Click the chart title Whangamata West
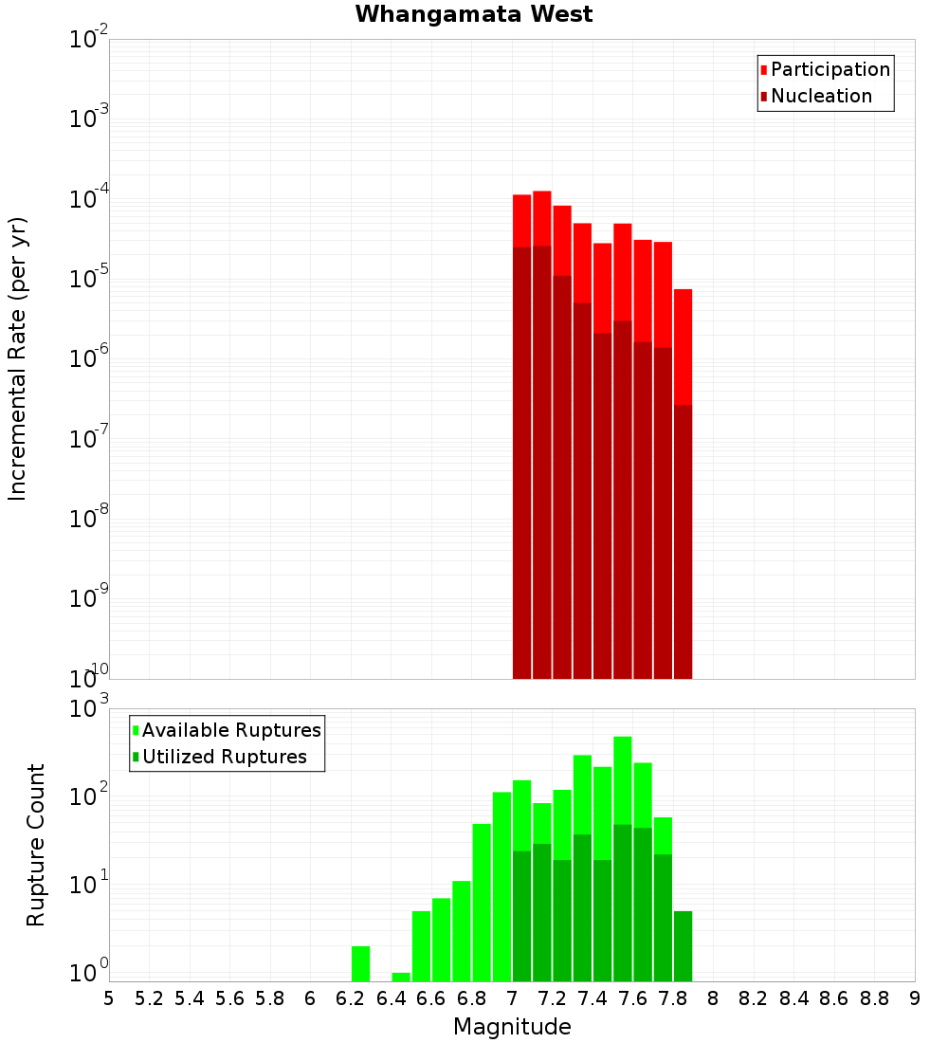point(474,15)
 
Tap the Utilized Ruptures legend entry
point(224,758)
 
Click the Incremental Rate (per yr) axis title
point(18,358)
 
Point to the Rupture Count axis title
point(36,845)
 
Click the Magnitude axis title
point(512,1027)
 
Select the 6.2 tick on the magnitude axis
point(351,998)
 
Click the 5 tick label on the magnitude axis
point(109,998)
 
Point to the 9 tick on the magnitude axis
point(915,998)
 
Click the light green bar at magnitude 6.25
point(360,963)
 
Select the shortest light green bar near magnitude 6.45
point(401,977)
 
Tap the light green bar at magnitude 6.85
point(482,901)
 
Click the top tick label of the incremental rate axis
point(90,40)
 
